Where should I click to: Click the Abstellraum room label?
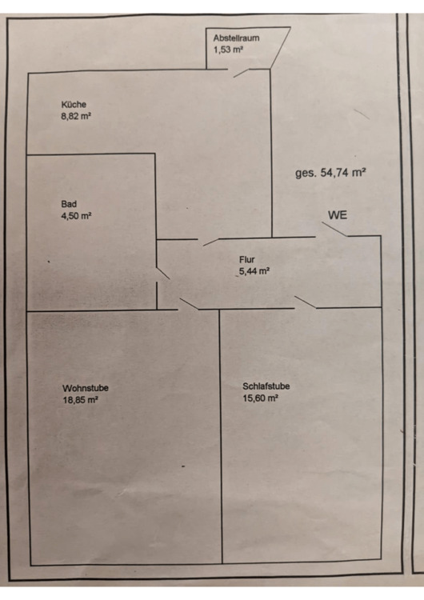pyautogui.click(x=236, y=38)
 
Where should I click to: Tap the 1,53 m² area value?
pyautogui.click(x=229, y=50)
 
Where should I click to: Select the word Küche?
pyautogui.click(x=74, y=104)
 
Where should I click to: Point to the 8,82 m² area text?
pyautogui.click(x=76, y=116)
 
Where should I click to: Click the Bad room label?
pyautogui.click(x=69, y=204)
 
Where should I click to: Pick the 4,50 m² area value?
pyautogui.click(x=76, y=216)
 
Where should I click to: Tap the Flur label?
pyautogui.click(x=247, y=259)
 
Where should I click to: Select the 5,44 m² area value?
pyautogui.click(x=254, y=271)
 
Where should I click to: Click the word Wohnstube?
pyautogui.click(x=86, y=388)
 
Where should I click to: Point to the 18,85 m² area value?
pyautogui.click(x=80, y=400)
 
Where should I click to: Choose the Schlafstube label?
pyautogui.click(x=266, y=386)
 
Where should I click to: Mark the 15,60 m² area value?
pyautogui.click(x=260, y=398)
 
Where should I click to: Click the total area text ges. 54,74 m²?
pyautogui.click(x=330, y=173)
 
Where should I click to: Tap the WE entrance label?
pyautogui.click(x=338, y=215)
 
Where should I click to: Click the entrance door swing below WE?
pyautogui.click(x=334, y=229)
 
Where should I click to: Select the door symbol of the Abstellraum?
pyautogui.click(x=242, y=73)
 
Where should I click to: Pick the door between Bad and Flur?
pyautogui.click(x=163, y=274)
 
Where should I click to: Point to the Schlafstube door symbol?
pyautogui.click(x=306, y=302)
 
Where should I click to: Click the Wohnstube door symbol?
pyautogui.click(x=189, y=304)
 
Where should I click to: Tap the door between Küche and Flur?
pyautogui.click(x=210, y=242)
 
